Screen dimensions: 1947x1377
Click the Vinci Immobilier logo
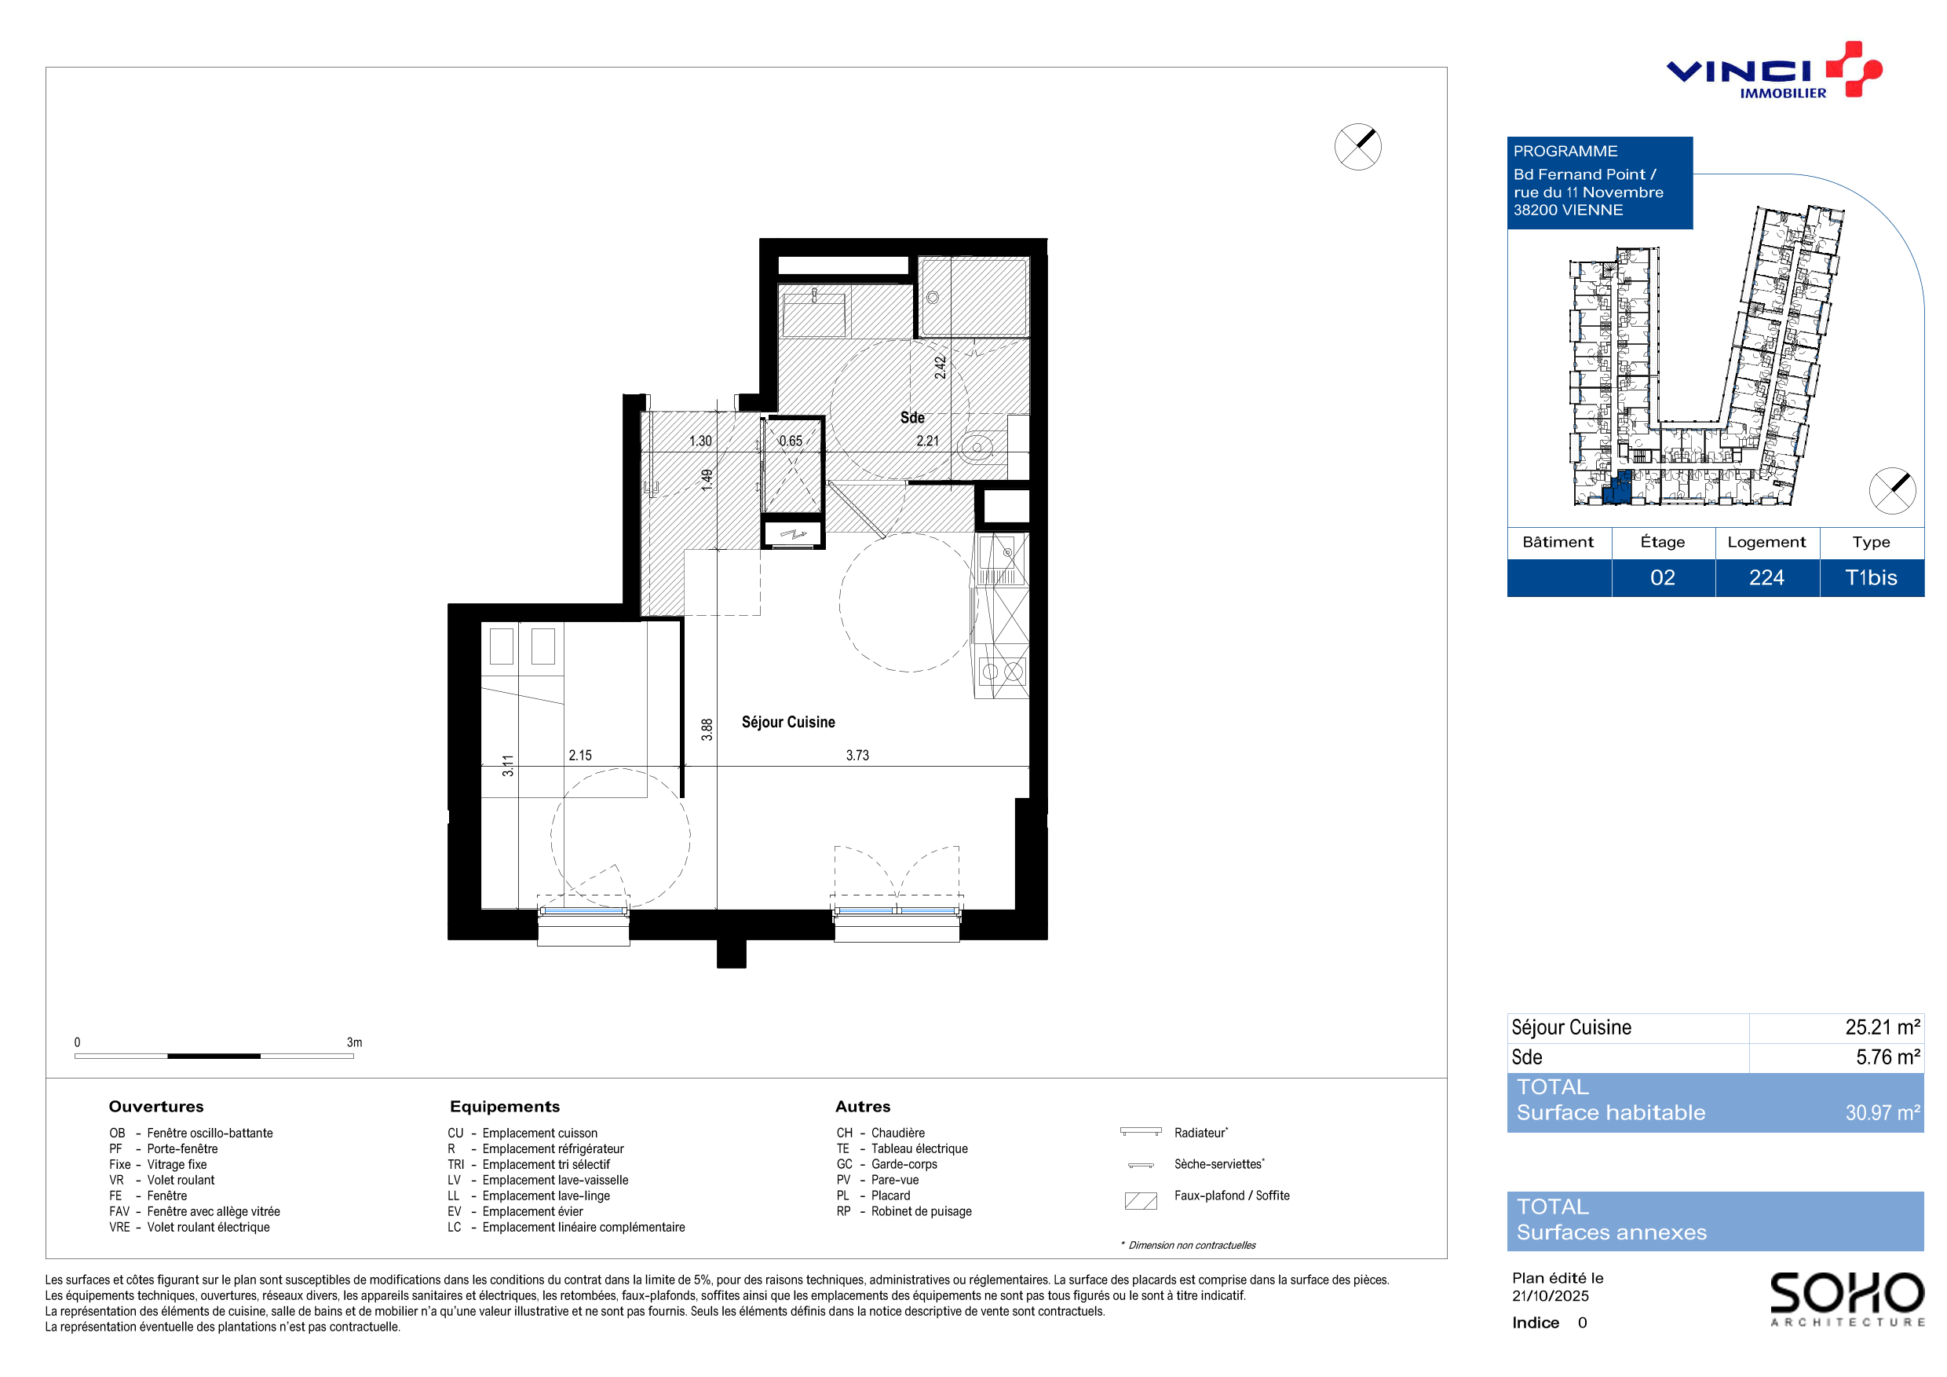tap(1773, 71)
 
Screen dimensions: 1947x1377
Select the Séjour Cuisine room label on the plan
tap(787, 722)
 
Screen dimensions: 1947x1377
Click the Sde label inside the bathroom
tap(912, 417)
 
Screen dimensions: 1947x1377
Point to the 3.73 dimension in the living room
tap(857, 755)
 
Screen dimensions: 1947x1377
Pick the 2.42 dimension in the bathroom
tap(941, 368)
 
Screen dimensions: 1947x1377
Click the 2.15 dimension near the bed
tap(580, 755)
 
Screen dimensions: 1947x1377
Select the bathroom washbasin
tap(813, 315)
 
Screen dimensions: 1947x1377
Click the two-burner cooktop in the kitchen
tap(1003, 672)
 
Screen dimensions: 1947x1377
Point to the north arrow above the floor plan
tap(1357, 147)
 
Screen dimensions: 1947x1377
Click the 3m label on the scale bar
tap(354, 1042)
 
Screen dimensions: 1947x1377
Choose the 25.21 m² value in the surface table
tap(1883, 1027)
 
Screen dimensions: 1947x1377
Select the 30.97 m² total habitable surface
tap(1883, 1112)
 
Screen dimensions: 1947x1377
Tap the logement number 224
tap(1767, 578)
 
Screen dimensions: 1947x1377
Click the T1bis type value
tap(1871, 578)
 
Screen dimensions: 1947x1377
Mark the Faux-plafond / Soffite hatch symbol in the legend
tap(1141, 1200)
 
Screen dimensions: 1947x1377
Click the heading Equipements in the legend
tap(505, 1106)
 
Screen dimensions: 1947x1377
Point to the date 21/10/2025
tap(1550, 1295)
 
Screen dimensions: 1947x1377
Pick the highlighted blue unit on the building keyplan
tap(1618, 488)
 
